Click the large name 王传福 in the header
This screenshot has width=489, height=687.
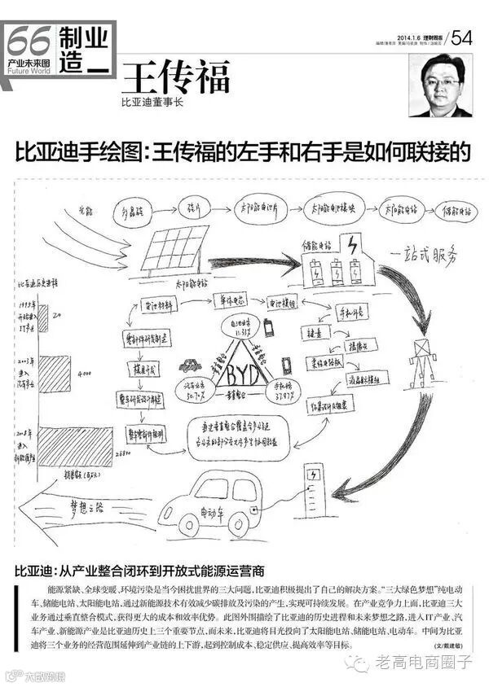(x=175, y=78)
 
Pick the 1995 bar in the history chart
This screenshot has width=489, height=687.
(x=45, y=312)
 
